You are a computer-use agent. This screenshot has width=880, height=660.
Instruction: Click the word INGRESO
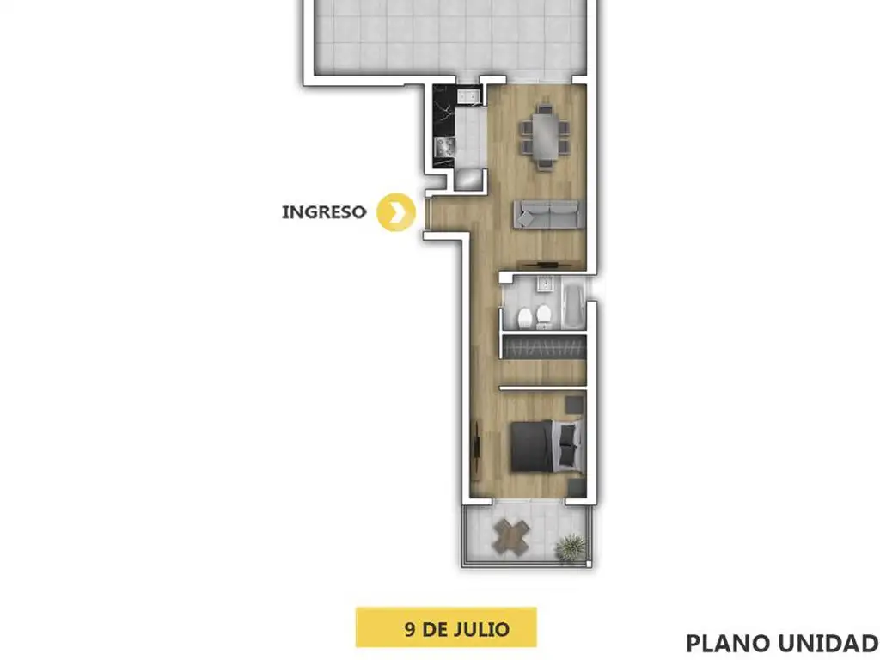click(324, 212)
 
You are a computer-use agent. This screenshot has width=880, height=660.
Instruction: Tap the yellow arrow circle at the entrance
click(396, 212)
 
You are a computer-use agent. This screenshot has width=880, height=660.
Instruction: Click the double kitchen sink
click(468, 96)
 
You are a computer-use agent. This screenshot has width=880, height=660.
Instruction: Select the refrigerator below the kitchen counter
click(468, 179)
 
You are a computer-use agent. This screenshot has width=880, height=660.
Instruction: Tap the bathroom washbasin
click(544, 284)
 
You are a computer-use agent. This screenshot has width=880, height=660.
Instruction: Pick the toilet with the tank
click(543, 317)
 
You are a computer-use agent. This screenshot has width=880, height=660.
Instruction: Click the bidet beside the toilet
click(525, 318)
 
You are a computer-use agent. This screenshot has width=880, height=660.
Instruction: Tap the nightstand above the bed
click(574, 405)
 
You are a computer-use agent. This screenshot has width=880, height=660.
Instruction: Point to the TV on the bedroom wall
click(477, 446)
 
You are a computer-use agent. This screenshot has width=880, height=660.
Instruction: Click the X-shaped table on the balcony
click(510, 537)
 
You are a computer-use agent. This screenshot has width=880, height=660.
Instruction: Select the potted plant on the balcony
click(571, 547)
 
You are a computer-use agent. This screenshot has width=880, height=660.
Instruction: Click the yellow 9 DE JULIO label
click(446, 627)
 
